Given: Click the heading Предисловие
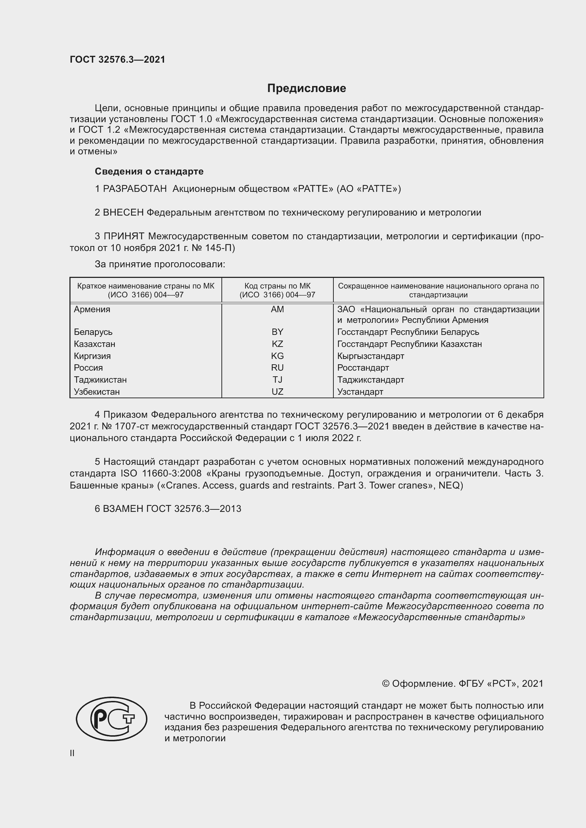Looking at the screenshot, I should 306,88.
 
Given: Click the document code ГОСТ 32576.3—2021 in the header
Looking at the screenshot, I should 117,59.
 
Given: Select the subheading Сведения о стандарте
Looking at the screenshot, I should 149,171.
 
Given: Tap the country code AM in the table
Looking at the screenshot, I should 277,309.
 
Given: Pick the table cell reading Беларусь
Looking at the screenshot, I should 93,332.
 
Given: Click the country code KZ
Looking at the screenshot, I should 277,344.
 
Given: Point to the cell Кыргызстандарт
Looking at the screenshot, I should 371,356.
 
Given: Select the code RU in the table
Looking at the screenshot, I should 277,367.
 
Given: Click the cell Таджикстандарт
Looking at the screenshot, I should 371,380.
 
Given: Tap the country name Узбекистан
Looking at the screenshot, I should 97,392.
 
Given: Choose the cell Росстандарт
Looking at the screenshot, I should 363,367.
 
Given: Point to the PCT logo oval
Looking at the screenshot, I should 112,719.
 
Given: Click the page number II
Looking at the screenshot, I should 72,753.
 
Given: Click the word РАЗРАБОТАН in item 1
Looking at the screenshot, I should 135,189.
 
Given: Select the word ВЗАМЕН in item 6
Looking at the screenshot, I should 123,509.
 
